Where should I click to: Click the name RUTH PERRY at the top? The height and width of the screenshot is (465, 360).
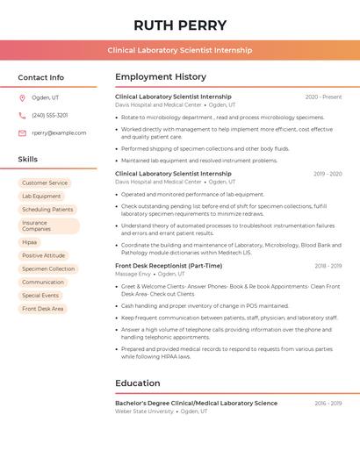pos(180,25)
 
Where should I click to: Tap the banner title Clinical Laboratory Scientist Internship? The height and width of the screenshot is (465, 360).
pos(180,51)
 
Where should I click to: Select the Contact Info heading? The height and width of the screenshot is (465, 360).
pos(41,77)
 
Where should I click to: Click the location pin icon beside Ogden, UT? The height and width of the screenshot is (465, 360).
pos(22,97)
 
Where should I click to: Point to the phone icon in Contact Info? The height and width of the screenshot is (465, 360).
pos(22,115)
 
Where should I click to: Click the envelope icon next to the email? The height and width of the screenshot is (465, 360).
pos(22,133)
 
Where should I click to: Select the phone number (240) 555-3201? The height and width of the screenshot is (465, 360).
pos(50,115)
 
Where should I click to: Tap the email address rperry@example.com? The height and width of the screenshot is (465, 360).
pos(59,133)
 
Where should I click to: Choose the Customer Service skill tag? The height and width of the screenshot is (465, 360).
pos(45,182)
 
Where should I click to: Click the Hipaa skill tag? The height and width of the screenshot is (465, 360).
pos(30,242)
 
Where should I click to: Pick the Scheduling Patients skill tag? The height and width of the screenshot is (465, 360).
pos(47,210)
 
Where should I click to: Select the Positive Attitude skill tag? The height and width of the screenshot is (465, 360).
pos(44,255)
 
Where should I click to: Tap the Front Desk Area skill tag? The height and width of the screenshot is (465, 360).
pos(43,309)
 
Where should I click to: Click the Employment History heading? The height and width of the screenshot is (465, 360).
pos(161,77)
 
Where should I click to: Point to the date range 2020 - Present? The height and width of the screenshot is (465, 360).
pos(323,97)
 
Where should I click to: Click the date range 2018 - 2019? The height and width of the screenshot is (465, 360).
pos(328,266)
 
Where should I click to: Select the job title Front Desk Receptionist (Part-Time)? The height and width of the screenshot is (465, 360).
pos(169,266)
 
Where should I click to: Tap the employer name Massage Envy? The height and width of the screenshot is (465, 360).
pos(133,274)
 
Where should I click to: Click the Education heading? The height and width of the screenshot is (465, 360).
pos(138,383)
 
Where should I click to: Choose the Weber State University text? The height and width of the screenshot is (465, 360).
pos(144,411)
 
